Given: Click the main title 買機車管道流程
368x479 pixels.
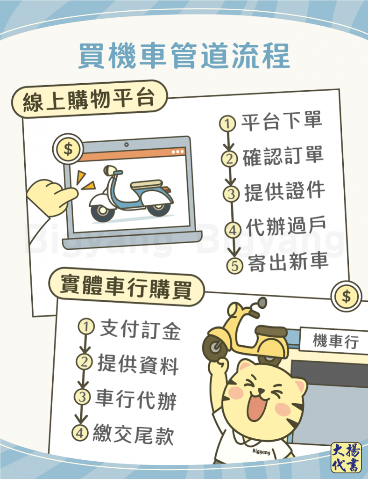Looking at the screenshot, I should [x=184, y=57].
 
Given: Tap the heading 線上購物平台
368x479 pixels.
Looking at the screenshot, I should [x=88, y=101].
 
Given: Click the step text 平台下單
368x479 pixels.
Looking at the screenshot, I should [x=282, y=122].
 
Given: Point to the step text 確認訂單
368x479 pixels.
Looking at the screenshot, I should [x=283, y=157].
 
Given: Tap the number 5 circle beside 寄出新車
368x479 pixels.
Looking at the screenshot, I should [x=235, y=265].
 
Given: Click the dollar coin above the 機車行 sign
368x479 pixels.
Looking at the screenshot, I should [x=346, y=296].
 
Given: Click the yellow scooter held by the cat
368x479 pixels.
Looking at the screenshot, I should [x=245, y=333].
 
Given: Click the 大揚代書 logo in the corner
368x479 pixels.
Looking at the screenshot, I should [x=346, y=457].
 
